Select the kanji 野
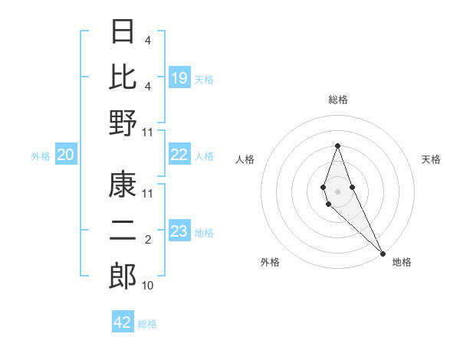[123, 123]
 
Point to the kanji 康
[123, 185]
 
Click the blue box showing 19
[179, 77]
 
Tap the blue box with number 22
[179, 155]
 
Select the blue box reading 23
[179, 231]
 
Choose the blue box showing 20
[65, 155]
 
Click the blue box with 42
[123, 322]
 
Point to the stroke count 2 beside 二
[147, 240]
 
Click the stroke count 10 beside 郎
[147, 286]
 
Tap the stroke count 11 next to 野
[148, 132]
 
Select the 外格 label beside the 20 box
[41, 155]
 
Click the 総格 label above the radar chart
[337, 100]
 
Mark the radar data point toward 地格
[383, 252]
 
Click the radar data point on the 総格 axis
[337, 146]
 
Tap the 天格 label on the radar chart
[432, 159]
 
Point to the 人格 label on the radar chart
[245, 159]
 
